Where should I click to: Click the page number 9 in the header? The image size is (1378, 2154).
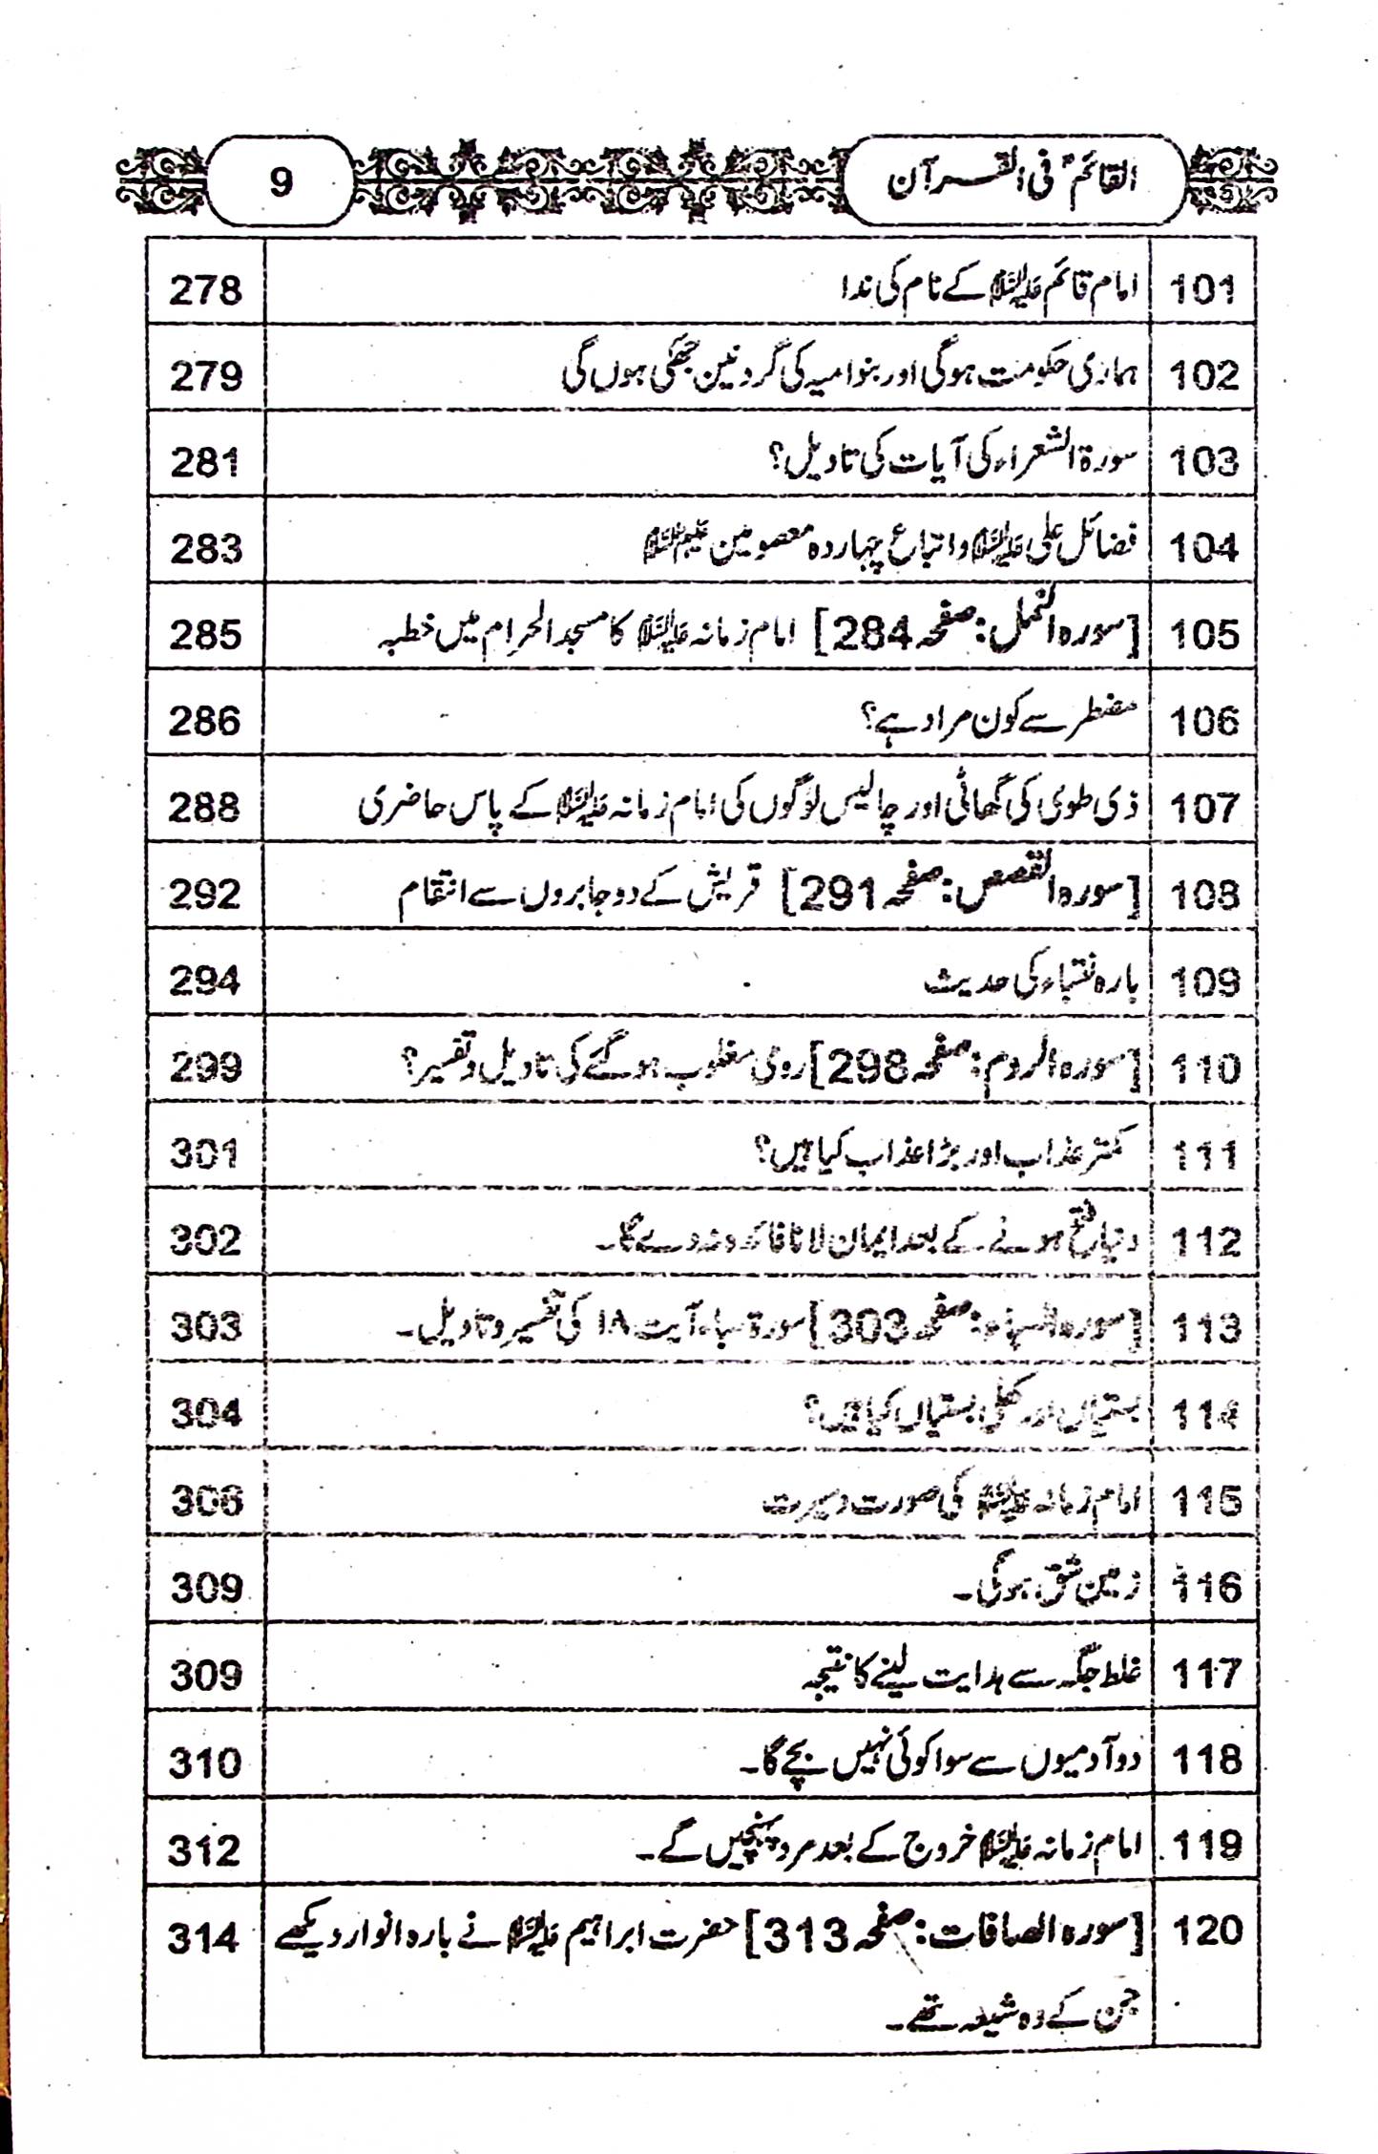280,181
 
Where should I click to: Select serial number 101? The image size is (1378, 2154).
1202,288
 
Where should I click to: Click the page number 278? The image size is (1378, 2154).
205,289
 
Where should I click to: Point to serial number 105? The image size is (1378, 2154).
1203,634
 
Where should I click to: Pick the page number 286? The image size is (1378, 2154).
205,721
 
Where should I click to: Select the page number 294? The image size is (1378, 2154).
205,981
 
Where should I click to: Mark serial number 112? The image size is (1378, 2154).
1205,1241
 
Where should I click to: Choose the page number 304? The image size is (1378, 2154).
206,1412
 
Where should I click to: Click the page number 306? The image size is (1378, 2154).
206,1501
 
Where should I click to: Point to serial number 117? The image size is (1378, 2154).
1205,1673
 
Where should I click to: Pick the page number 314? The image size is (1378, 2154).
204,1938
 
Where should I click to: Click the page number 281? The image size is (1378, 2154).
205,462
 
